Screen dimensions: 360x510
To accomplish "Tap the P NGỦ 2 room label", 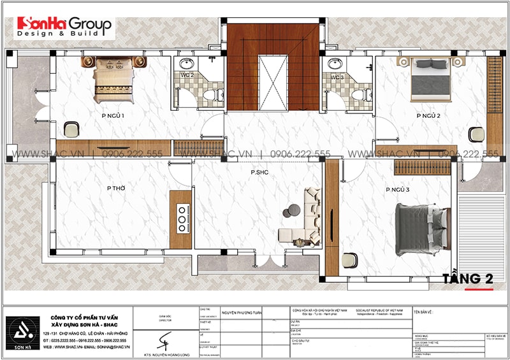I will click(429, 116).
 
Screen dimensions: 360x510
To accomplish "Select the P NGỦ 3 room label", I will click(397, 191).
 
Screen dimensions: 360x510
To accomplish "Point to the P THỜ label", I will click(116, 188).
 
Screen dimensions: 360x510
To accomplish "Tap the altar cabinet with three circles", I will click(181, 219).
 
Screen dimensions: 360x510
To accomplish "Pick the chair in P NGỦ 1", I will click(71, 129).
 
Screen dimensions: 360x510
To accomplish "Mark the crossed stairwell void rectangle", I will click(272, 82).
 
